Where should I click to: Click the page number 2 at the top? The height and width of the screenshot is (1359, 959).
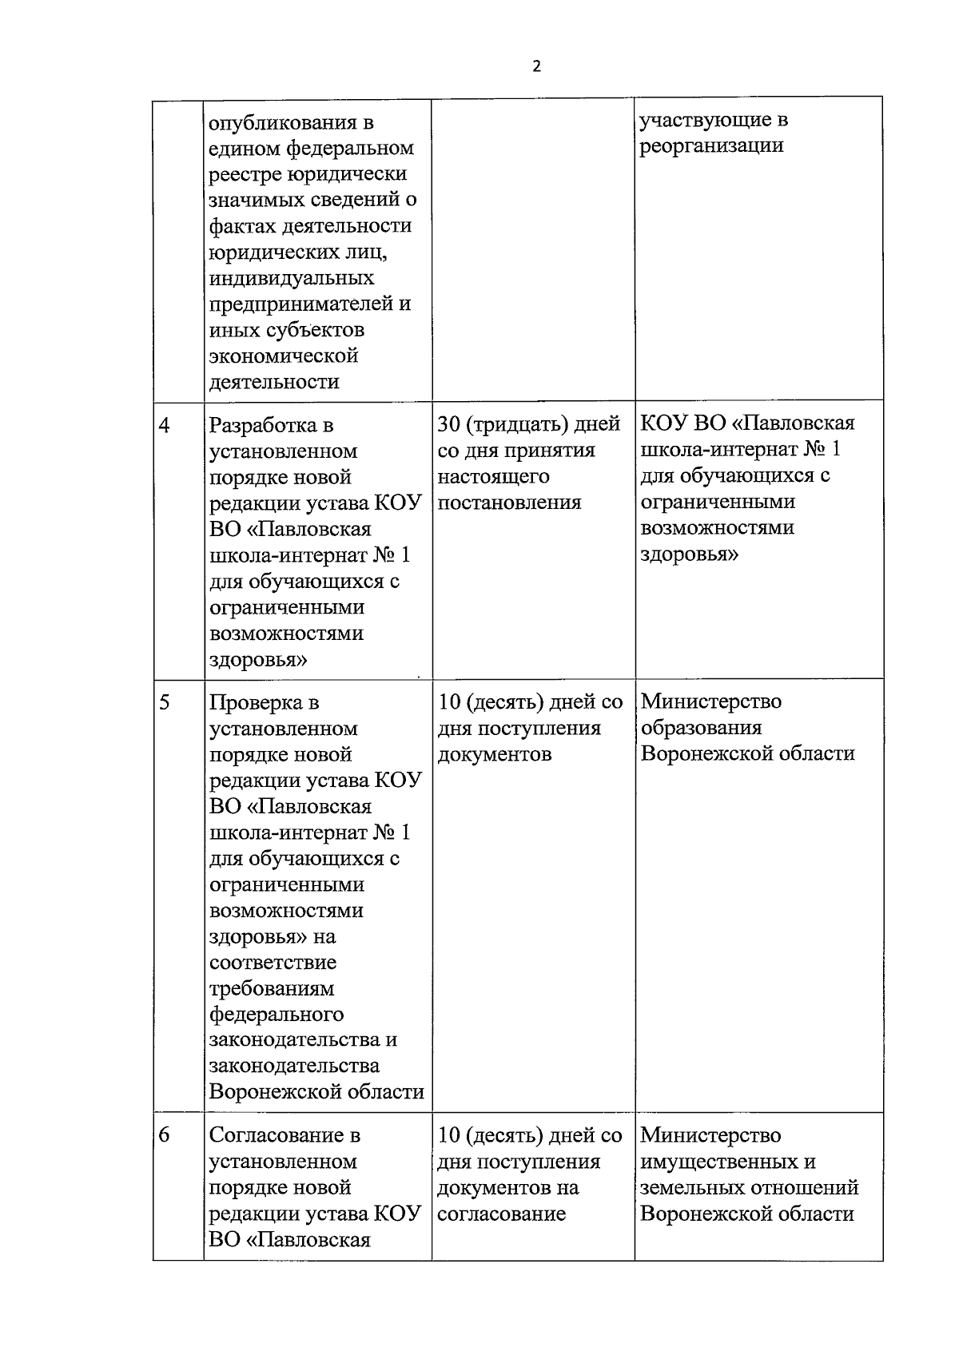(x=536, y=66)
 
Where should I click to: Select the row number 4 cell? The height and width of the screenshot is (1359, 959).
(x=165, y=425)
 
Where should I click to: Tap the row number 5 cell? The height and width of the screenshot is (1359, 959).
(x=165, y=702)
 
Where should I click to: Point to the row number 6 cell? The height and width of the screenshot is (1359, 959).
(x=165, y=1134)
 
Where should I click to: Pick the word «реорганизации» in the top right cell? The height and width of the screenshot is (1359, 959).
(x=711, y=145)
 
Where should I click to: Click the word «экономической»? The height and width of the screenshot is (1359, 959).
(x=283, y=356)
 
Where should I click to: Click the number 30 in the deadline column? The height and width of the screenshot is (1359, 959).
(x=448, y=424)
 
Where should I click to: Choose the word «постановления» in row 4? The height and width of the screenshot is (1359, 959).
(x=509, y=503)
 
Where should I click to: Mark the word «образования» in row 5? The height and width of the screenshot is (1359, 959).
(x=701, y=728)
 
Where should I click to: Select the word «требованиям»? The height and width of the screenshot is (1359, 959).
(x=272, y=988)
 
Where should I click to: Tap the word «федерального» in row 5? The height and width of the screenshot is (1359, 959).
(x=277, y=1015)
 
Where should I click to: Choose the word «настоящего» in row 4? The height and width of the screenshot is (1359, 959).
(x=493, y=476)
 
